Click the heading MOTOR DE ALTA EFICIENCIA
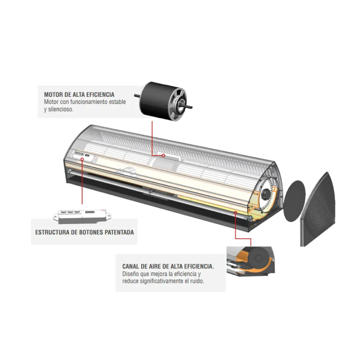click(79, 94)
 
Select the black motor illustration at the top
click(164, 101)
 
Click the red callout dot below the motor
click(164, 156)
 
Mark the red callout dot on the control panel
click(82, 159)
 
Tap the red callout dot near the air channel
click(235, 213)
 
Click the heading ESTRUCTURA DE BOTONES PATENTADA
click(84, 232)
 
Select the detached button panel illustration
click(82, 216)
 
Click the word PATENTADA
click(119, 232)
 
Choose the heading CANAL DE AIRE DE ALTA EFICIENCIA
click(168, 266)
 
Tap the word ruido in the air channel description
click(197, 281)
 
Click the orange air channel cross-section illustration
click(250, 261)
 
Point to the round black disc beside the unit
click(294, 201)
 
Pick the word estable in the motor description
click(117, 102)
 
